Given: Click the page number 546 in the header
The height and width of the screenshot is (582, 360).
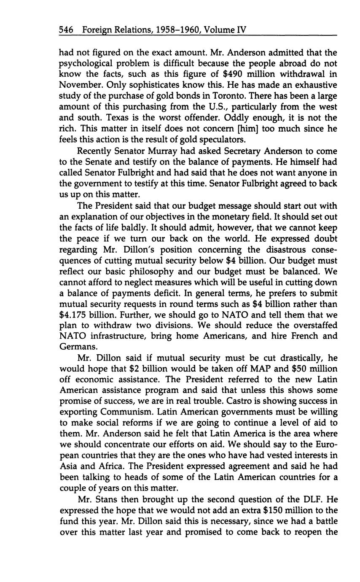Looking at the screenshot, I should [67, 30].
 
